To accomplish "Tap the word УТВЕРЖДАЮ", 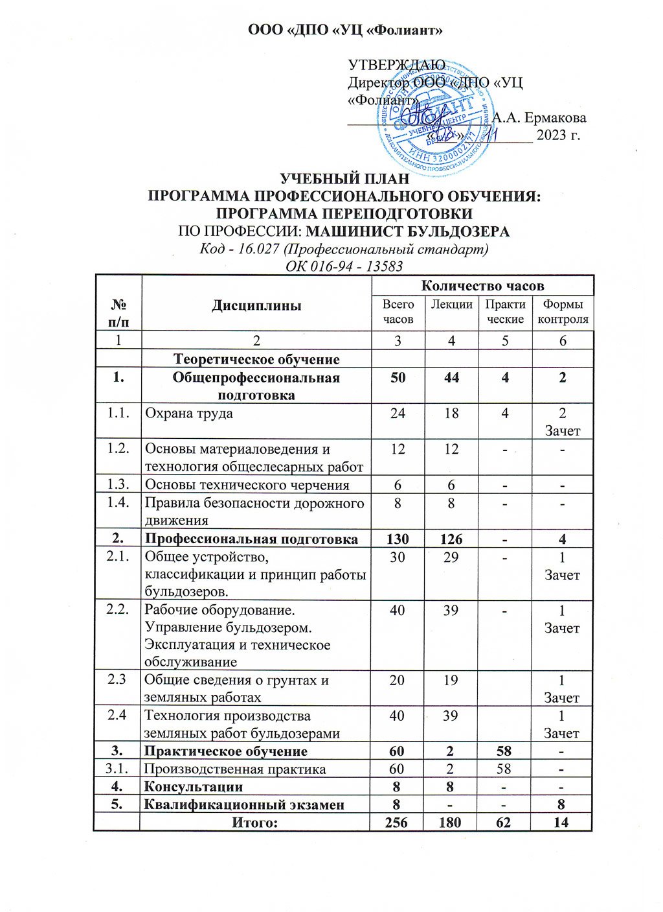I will (x=396, y=66).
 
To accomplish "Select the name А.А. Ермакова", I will (x=539, y=118).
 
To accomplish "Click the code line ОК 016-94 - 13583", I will (x=344, y=266).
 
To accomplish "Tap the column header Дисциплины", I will (x=256, y=305).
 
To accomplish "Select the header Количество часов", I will (x=482, y=286).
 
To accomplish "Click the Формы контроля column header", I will (x=563, y=312).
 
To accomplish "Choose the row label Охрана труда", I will (x=188, y=414).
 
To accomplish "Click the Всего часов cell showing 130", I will (x=398, y=539).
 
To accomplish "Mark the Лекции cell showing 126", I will (x=451, y=539).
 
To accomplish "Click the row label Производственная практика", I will (x=234, y=769).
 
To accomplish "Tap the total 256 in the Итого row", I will (x=398, y=823).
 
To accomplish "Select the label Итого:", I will (x=255, y=823).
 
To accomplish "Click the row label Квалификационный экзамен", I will (x=244, y=805).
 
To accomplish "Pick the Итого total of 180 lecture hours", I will (x=451, y=823).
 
